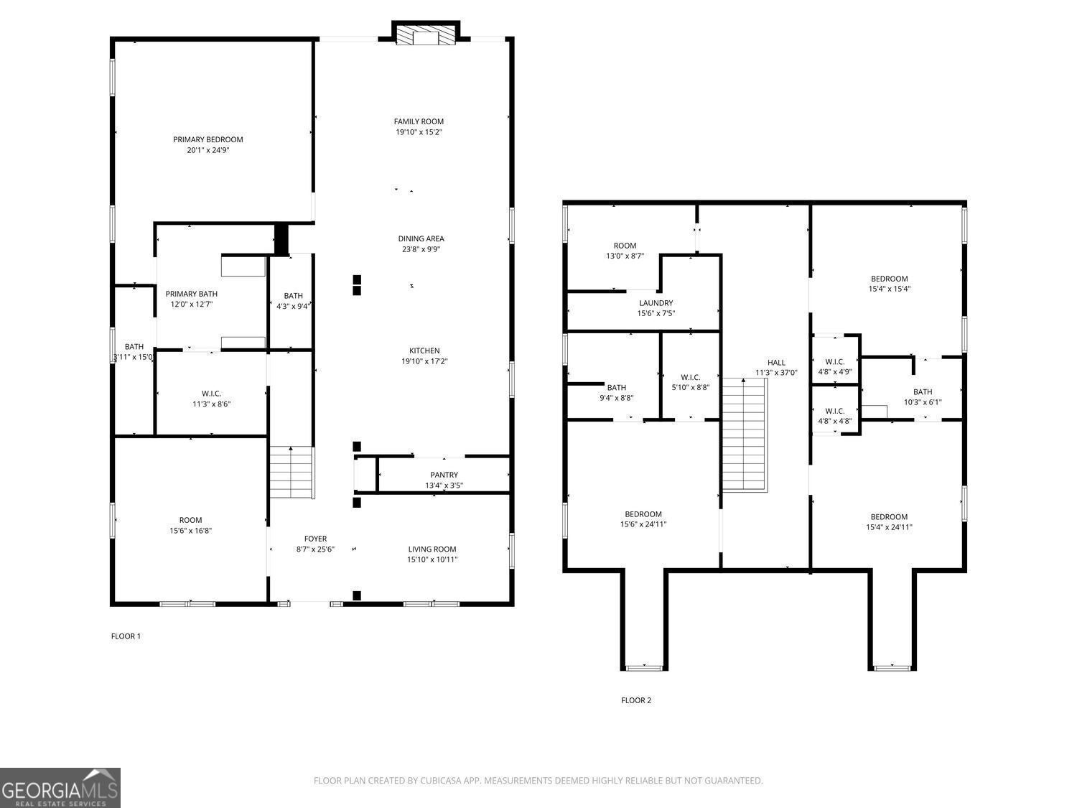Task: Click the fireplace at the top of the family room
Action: point(426,36)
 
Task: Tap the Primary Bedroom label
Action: point(208,139)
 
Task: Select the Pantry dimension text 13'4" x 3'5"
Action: point(444,486)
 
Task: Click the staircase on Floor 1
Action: point(292,472)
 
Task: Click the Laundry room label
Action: point(656,303)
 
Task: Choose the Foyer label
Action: point(315,539)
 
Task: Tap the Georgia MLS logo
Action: point(60,788)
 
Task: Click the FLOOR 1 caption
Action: point(126,636)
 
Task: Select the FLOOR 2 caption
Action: point(636,700)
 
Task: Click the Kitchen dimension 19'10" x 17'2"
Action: point(424,362)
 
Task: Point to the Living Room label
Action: point(432,549)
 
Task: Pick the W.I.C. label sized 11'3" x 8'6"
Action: point(211,394)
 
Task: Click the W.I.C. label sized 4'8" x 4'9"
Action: point(835,362)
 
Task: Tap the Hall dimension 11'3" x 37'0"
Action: point(776,373)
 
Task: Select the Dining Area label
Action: point(421,238)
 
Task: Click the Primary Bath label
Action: point(191,294)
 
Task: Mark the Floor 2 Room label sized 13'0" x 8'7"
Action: point(625,246)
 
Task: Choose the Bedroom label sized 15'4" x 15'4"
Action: point(889,279)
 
